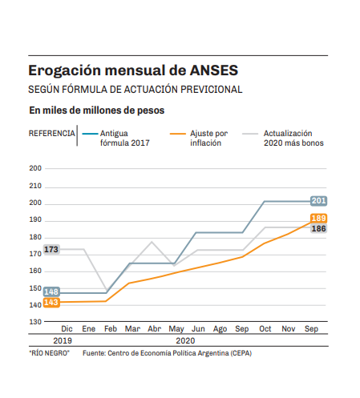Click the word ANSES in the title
(214, 70)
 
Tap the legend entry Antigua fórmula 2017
(116, 138)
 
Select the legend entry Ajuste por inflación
(199, 138)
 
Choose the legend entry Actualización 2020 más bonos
(283, 138)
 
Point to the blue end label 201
(318, 201)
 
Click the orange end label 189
(318, 218)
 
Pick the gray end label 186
(318, 228)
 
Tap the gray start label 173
(51, 249)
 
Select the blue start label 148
(51, 291)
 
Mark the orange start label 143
(51, 303)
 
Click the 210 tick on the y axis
(35, 186)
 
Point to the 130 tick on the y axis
(35, 322)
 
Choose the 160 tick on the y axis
(35, 271)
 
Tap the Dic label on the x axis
(67, 328)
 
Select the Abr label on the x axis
(155, 328)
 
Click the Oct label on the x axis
(265, 328)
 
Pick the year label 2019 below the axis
(63, 340)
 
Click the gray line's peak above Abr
(152, 242)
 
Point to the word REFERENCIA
(52, 133)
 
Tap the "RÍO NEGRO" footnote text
(49, 353)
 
